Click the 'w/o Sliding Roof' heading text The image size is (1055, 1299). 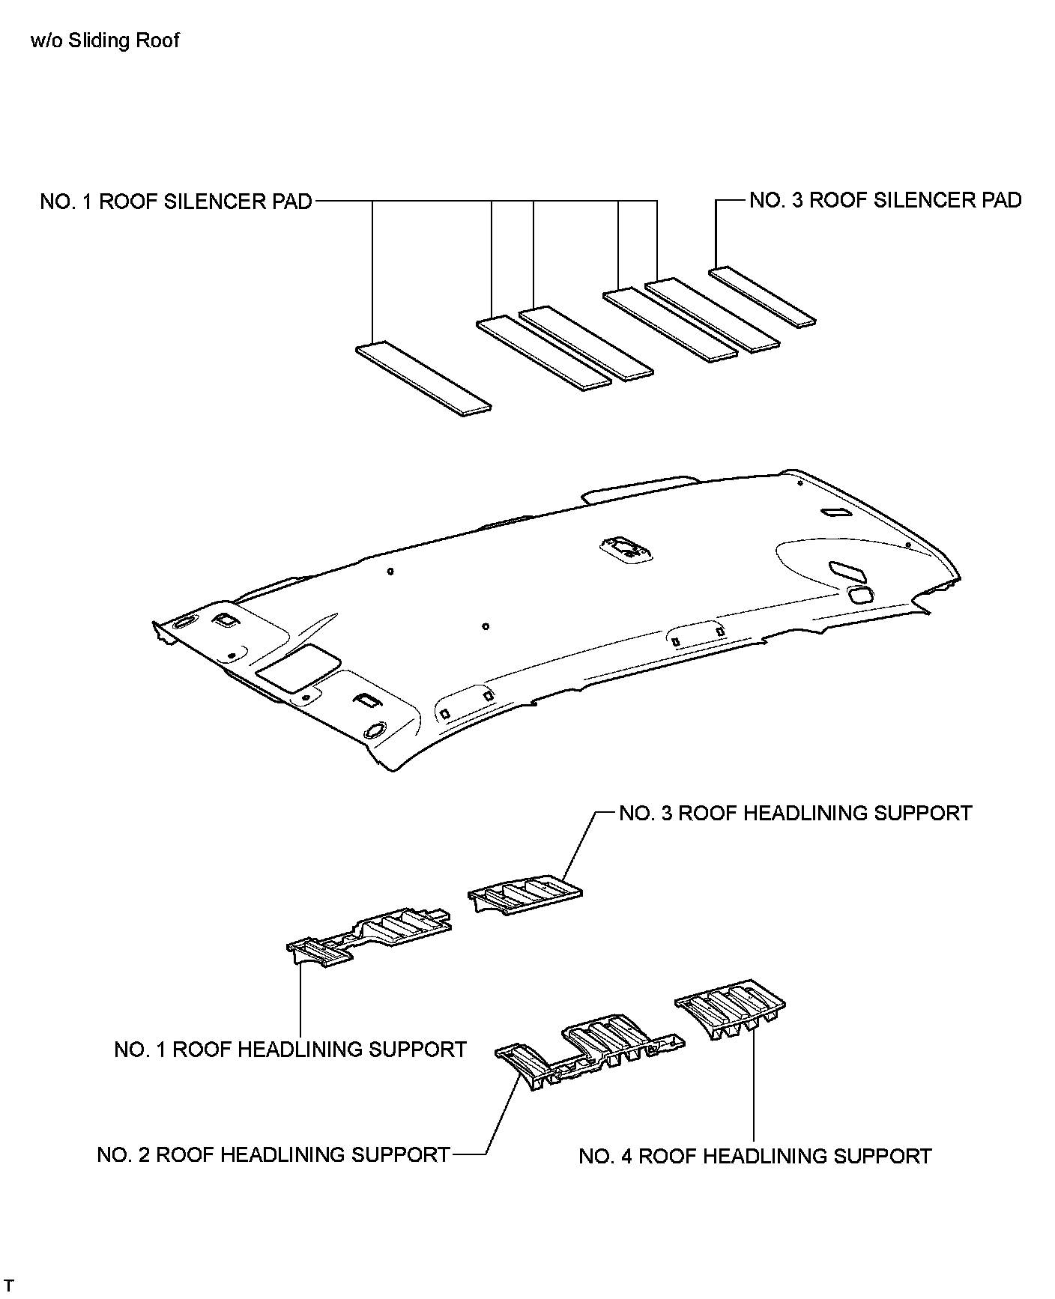pos(105,40)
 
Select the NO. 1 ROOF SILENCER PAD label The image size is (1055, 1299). pos(176,202)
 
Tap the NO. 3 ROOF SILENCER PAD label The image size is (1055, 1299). pos(886,200)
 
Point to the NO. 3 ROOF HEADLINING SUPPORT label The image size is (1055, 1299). pos(795,813)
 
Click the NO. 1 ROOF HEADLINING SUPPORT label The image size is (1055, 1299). pos(290,1049)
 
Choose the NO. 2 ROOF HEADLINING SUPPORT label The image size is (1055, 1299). pos(273,1154)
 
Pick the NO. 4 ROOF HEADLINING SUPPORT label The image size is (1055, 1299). pos(755,1156)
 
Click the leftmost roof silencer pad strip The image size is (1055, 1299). pos(423,378)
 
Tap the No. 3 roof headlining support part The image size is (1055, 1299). pos(525,894)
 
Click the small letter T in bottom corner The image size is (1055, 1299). pos(9,1286)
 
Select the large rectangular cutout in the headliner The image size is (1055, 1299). pos(297,667)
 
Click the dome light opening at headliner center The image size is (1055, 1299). pos(626,548)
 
